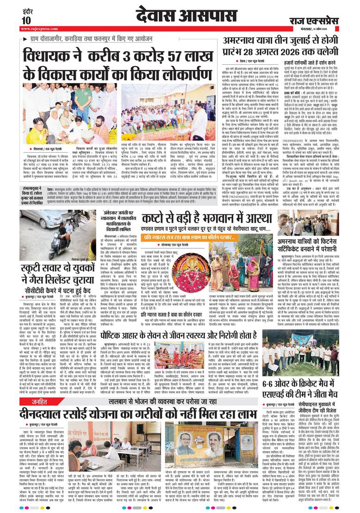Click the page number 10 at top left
[x=25, y=20]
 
